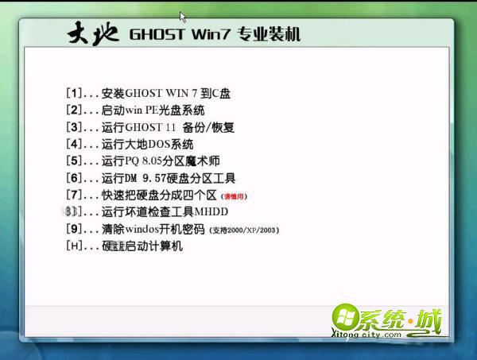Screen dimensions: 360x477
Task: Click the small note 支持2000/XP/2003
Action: click(x=244, y=230)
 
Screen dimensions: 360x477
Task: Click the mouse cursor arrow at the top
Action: click(x=183, y=16)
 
